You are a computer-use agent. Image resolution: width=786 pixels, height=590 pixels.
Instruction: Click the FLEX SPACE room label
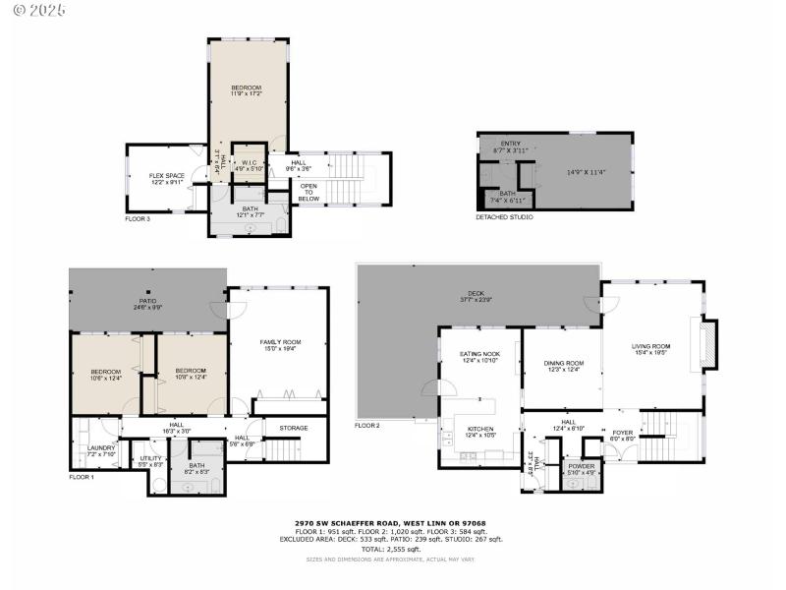(x=167, y=176)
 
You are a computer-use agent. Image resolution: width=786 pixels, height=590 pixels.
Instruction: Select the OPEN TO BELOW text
(x=309, y=192)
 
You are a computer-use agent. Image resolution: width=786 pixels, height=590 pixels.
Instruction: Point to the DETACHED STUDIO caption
(x=504, y=216)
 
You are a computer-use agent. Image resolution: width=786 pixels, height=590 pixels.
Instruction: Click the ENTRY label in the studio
(x=511, y=145)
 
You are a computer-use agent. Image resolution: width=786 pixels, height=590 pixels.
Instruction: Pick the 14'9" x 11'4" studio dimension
(x=587, y=172)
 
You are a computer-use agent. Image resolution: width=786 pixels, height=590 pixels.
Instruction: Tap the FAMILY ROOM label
(x=277, y=343)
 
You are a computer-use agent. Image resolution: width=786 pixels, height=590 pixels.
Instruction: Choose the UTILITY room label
(x=150, y=458)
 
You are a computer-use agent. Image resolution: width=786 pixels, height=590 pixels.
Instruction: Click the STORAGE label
(x=293, y=428)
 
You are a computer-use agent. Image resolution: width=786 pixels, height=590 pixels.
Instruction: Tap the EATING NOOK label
(x=480, y=354)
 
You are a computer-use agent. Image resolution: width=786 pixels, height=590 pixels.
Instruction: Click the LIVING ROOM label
(x=650, y=346)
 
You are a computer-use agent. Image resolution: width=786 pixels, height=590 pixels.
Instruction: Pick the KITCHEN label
(x=480, y=429)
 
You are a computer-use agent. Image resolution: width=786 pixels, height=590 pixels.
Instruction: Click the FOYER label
(x=623, y=431)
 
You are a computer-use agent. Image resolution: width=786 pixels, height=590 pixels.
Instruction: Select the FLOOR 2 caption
(x=367, y=426)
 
